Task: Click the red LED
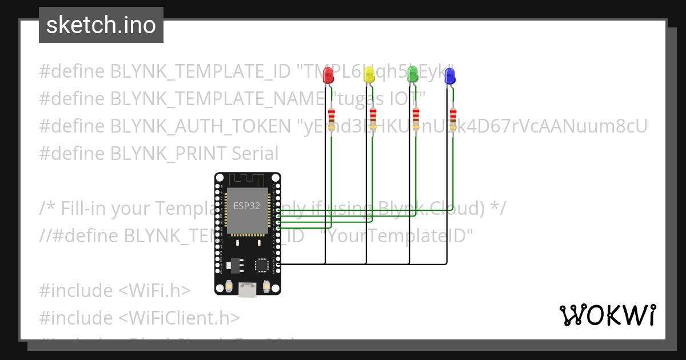tap(328, 75)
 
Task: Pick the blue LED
tap(450, 75)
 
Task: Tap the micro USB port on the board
tap(248, 290)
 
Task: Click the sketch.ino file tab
tap(101, 26)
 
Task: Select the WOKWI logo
tap(607, 315)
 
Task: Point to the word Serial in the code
tap(255, 154)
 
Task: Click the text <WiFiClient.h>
tap(180, 318)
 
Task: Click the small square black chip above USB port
tap(262, 265)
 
